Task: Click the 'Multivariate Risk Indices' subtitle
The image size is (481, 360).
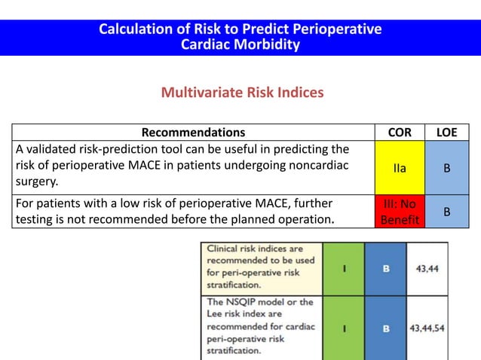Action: click(x=242, y=93)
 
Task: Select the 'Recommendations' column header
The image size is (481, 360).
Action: click(x=194, y=133)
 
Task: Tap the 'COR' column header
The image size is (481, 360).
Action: click(x=399, y=133)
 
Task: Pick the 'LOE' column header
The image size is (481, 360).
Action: click(x=446, y=133)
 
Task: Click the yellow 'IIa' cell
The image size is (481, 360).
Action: click(x=399, y=168)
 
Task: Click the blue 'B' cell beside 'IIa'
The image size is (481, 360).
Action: click(x=446, y=168)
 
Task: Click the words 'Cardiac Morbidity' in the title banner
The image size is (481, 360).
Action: click(x=240, y=44)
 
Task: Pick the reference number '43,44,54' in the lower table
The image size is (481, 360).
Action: click(x=427, y=328)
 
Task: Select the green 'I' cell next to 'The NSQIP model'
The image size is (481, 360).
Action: click(x=344, y=328)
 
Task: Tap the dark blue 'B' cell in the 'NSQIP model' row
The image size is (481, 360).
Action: click(x=386, y=328)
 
